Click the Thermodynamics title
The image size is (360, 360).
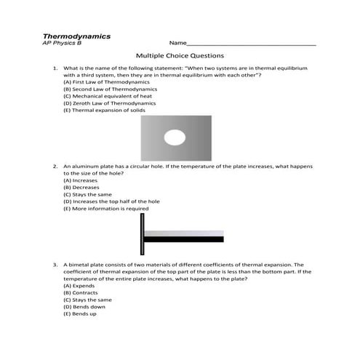(76, 35)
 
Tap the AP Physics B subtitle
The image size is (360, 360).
(63, 43)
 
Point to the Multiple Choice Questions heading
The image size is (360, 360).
(180, 56)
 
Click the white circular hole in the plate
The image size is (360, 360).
(175, 137)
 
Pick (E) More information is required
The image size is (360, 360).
(105, 209)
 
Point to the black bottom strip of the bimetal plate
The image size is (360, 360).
(183, 239)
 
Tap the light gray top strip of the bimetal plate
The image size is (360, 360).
(183, 233)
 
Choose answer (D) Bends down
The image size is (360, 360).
(81, 307)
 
